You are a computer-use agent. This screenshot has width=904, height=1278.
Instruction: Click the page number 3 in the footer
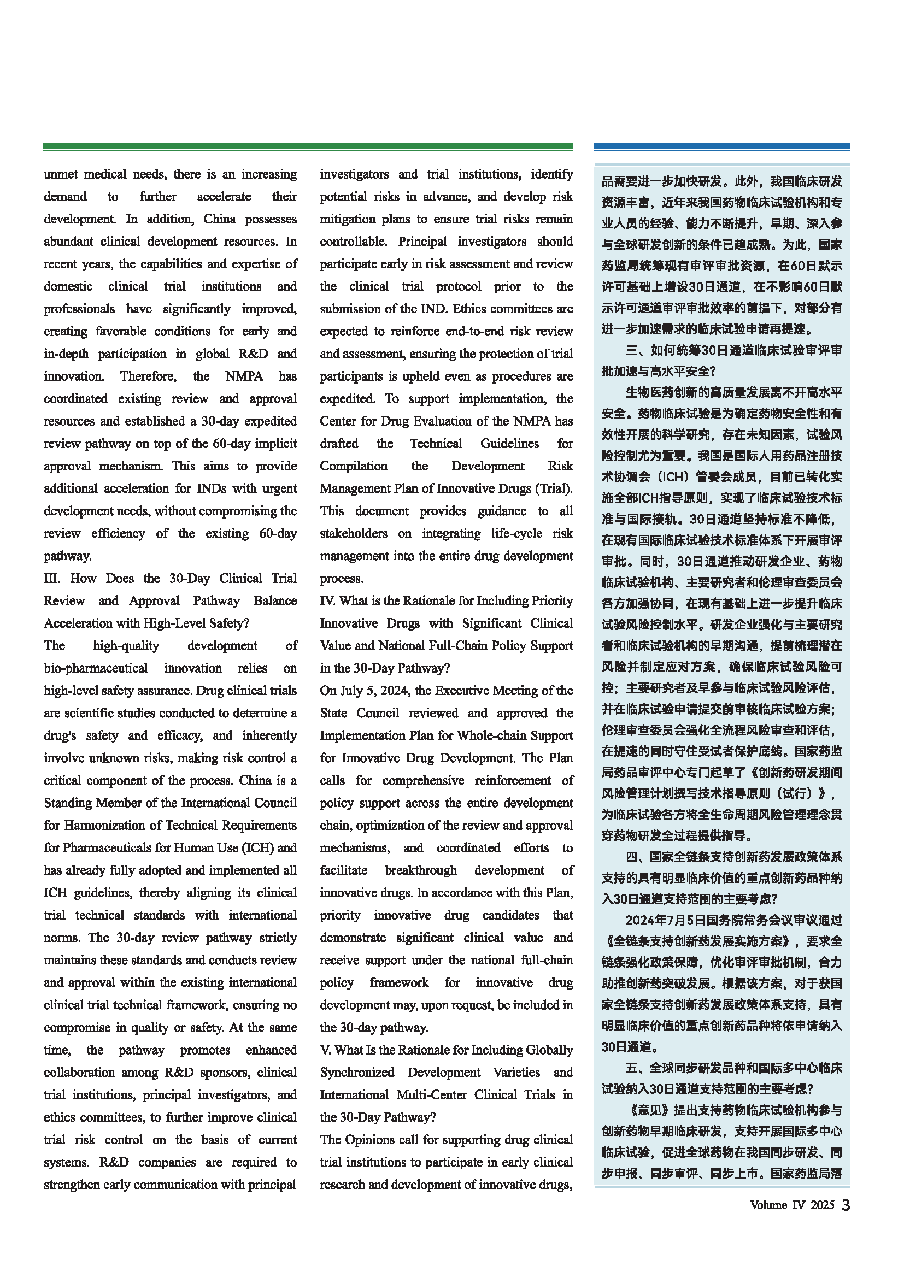(846, 1205)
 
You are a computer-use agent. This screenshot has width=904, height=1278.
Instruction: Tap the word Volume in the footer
(768, 1205)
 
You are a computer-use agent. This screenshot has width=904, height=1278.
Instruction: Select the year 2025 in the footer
(822, 1205)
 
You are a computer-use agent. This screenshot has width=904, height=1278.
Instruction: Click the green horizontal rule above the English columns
(308, 146)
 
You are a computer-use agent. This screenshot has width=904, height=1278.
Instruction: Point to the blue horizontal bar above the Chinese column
(721, 146)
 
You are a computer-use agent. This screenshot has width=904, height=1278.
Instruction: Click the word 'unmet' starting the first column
(60, 174)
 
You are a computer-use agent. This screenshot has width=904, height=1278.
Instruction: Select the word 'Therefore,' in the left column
(148, 376)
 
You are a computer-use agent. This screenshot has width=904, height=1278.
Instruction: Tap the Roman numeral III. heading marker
(52, 578)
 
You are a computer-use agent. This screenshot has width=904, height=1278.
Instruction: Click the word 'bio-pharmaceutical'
(96, 668)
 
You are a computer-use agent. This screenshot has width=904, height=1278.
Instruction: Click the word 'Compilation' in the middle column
(354, 466)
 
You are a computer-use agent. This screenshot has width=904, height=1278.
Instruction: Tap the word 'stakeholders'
(354, 533)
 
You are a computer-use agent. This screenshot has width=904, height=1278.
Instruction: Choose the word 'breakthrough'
(421, 870)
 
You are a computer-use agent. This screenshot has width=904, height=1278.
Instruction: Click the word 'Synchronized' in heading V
(357, 1072)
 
